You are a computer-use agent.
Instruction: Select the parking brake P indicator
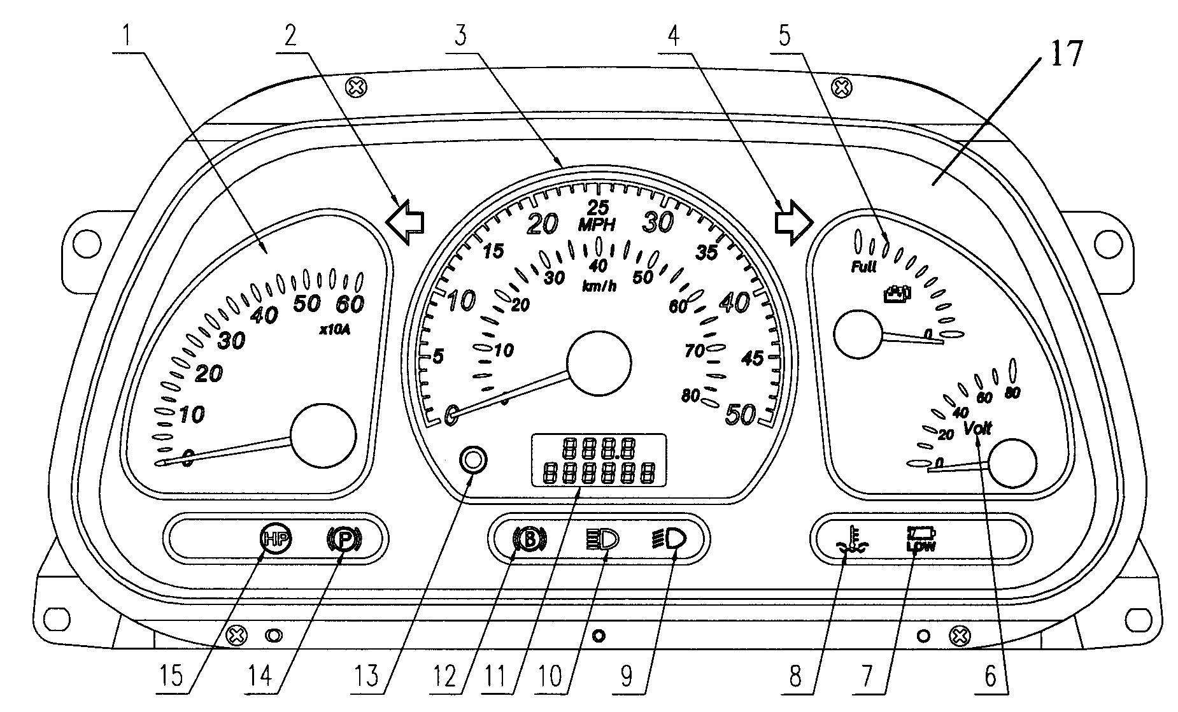[344, 540]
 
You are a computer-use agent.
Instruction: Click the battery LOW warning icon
[921, 539]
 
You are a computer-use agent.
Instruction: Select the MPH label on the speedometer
[597, 224]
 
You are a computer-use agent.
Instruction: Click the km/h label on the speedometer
[599, 286]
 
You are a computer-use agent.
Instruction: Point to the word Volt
[977, 428]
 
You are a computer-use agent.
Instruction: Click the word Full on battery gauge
[864, 267]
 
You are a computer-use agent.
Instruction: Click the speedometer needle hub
[599, 362]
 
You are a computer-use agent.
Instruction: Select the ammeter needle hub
[323, 436]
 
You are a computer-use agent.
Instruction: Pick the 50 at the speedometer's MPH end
[740, 415]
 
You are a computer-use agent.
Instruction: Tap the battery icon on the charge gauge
[897, 294]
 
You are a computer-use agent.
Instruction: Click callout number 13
[369, 676]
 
